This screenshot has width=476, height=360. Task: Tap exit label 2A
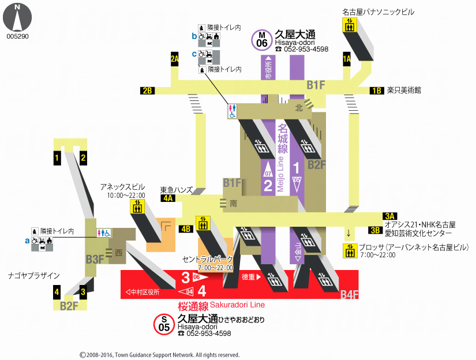pyautogui.click(x=175, y=58)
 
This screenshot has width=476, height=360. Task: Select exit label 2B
pyautogui.click(x=147, y=91)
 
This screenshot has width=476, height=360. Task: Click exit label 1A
pyautogui.click(x=347, y=58)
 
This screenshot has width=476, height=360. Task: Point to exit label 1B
pyautogui.click(x=377, y=91)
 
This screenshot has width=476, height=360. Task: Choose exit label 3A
pyautogui.click(x=390, y=216)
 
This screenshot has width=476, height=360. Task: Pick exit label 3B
pyautogui.click(x=375, y=230)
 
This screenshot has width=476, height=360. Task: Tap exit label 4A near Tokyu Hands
pyautogui.click(x=168, y=198)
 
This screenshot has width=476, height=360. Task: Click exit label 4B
pyautogui.click(x=186, y=228)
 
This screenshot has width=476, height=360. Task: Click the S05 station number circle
pyautogui.click(x=164, y=324)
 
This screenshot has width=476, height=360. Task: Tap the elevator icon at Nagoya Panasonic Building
pyautogui.click(x=349, y=25)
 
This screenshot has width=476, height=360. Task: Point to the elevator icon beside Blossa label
pyautogui.click(x=349, y=251)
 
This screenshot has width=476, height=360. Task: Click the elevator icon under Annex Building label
pyautogui.click(x=137, y=208)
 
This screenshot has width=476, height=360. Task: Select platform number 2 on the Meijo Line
pyautogui.click(x=268, y=185)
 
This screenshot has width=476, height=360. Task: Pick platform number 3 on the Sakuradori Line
pyautogui.click(x=185, y=277)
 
